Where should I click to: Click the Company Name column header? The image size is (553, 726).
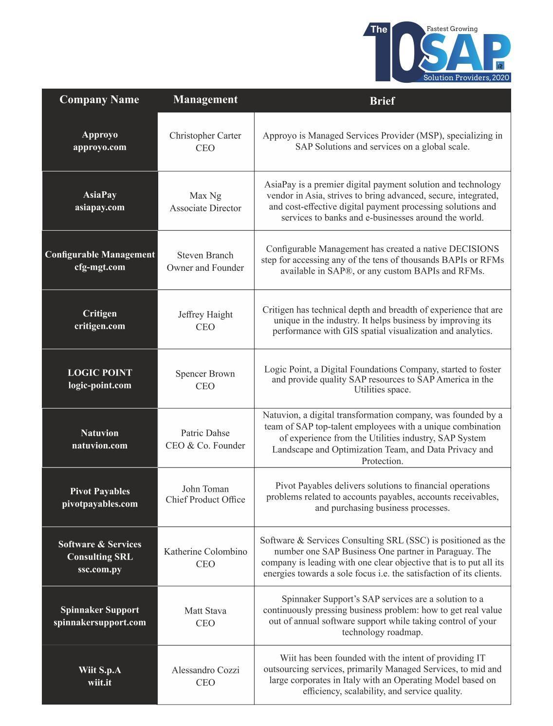point(99,100)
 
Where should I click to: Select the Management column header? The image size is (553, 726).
point(205,100)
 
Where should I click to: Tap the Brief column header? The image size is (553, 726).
point(382,101)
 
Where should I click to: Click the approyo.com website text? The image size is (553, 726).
point(100,147)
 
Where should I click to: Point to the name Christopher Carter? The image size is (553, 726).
point(205,136)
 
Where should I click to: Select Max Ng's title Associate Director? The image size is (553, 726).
point(205,208)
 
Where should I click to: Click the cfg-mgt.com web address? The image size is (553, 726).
point(100,267)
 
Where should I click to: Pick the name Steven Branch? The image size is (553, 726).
point(205,255)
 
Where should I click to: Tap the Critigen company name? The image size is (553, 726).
point(100,314)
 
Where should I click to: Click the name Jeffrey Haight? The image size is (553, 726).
point(205,315)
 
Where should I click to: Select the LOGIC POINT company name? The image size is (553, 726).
point(100,373)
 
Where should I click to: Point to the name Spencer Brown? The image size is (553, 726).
point(205,374)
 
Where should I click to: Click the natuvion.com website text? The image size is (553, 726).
point(100,446)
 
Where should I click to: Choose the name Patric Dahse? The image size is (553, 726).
point(205,433)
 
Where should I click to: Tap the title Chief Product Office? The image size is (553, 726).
point(205,500)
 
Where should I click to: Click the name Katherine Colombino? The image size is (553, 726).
point(205,552)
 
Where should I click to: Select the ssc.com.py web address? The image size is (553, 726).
point(100,569)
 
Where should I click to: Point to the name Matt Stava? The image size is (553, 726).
point(205,611)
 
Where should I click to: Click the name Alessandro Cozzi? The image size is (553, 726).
point(205,670)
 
